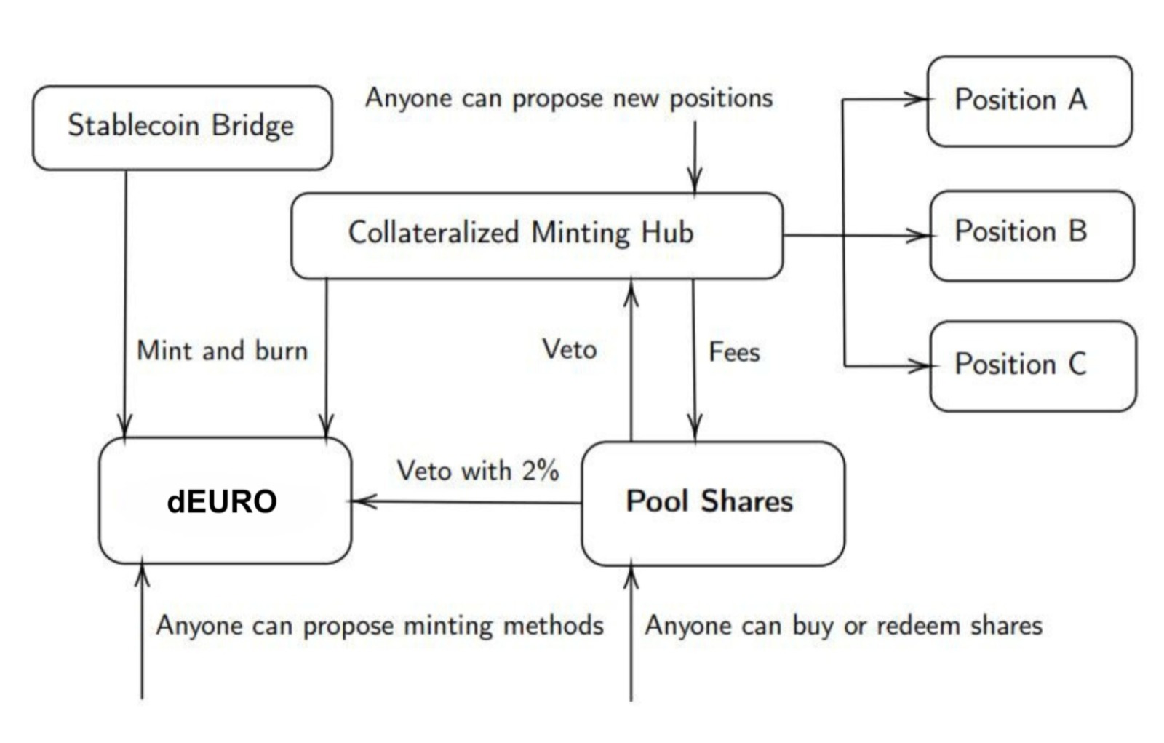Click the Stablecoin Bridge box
182,127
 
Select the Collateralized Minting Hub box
537,235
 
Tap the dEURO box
225,501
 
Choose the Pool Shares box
712,502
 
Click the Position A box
1029,100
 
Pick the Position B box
1031,235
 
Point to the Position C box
1032,365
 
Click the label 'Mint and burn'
222,351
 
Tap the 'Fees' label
734,352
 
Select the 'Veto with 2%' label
477,471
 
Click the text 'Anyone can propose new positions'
568,98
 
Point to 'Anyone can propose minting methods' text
379,626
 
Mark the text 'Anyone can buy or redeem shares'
843,626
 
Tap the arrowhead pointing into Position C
920,365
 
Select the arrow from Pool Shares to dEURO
466,501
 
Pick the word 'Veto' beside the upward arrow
569,350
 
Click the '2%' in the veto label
540,471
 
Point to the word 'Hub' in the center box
666,234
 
